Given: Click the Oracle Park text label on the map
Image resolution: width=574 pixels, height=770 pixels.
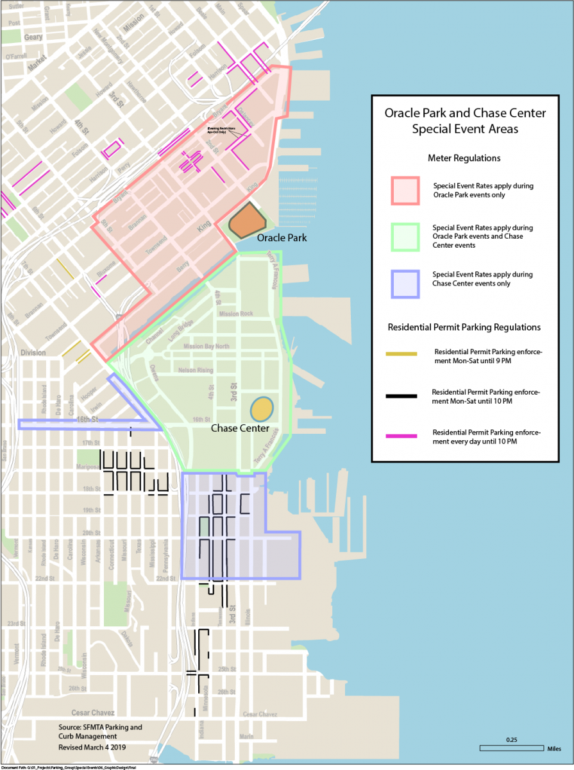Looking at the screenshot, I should (x=282, y=238).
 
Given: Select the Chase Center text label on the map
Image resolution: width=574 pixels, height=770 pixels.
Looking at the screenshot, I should (x=240, y=428).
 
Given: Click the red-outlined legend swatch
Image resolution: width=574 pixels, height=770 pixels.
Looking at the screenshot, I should (x=405, y=191).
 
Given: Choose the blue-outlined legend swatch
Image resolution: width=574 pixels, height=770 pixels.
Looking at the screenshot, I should (x=405, y=284).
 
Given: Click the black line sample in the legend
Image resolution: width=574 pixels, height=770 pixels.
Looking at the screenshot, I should (x=402, y=396).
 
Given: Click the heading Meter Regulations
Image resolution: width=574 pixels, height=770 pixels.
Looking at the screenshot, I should (x=464, y=158).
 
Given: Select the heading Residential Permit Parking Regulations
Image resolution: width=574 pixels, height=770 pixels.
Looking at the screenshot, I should (x=464, y=327).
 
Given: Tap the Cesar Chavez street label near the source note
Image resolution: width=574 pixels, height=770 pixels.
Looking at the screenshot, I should (x=92, y=713).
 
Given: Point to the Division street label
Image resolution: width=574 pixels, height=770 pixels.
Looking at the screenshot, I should (x=33, y=352).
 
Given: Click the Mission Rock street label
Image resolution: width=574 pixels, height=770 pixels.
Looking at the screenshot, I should (x=237, y=314).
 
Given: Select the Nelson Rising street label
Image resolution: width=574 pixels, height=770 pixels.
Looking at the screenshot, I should (x=196, y=370).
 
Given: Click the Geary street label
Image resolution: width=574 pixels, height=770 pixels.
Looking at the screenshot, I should (x=33, y=37).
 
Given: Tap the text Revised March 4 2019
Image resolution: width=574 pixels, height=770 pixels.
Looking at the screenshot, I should (x=95, y=748).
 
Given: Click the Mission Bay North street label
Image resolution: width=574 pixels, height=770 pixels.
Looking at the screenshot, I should (x=206, y=346).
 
